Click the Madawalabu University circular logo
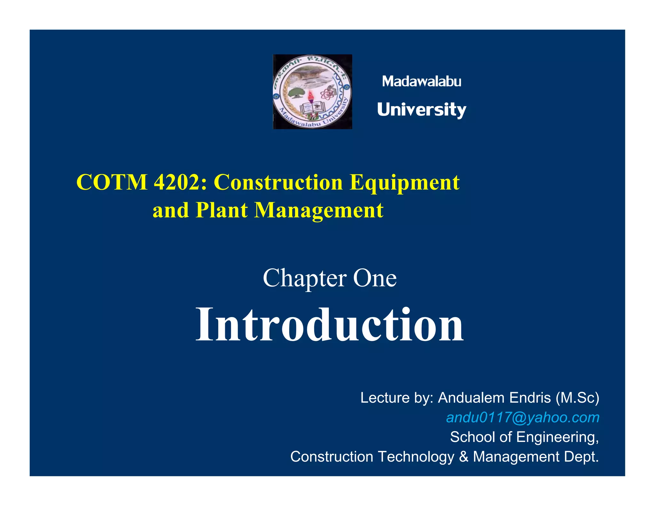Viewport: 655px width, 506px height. click(x=312, y=92)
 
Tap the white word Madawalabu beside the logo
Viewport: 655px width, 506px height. click(x=422, y=82)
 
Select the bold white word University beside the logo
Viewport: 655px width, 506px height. click(x=422, y=110)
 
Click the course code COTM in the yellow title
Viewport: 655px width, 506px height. click(x=112, y=182)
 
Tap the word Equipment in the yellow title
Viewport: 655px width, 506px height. click(x=405, y=182)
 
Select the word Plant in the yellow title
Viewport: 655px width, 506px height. click(x=222, y=210)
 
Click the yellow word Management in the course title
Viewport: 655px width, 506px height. click(x=319, y=210)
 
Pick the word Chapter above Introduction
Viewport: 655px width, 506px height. click(x=304, y=278)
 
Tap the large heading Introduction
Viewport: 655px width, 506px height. click(x=329, y=324)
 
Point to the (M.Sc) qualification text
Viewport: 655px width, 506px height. click(x=577, y=398)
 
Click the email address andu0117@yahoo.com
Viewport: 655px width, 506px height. click(x=523, y=417)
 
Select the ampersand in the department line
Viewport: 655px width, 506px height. click(x=463, y=457)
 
